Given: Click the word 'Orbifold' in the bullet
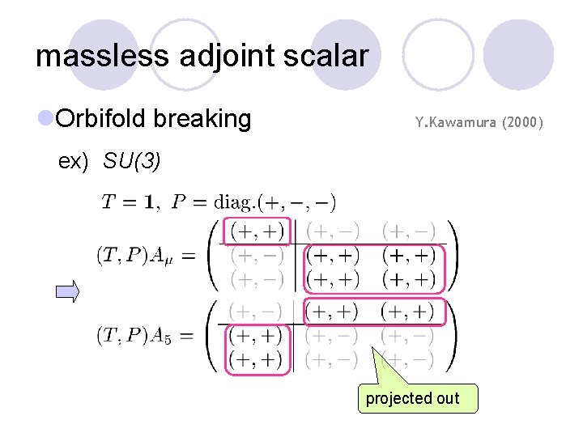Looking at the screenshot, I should coord(101,119).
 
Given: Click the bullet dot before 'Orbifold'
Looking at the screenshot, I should coord(45,119).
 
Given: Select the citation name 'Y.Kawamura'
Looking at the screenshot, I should coord(455,123).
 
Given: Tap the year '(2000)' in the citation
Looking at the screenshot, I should coord(523,123).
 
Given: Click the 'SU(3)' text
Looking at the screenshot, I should coord(132,162).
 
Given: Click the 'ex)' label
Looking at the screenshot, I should coord(73,162).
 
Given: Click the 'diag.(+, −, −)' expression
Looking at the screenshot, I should coord(274,202).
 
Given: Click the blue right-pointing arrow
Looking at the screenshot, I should coord(67,291).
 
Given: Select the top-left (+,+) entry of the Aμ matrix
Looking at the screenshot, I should coord(257,232).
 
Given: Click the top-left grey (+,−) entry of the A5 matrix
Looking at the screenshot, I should coord(257,311).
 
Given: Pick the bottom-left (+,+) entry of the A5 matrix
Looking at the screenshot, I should coord(257,359).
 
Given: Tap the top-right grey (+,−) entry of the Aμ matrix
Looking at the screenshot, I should coord(408,232).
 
